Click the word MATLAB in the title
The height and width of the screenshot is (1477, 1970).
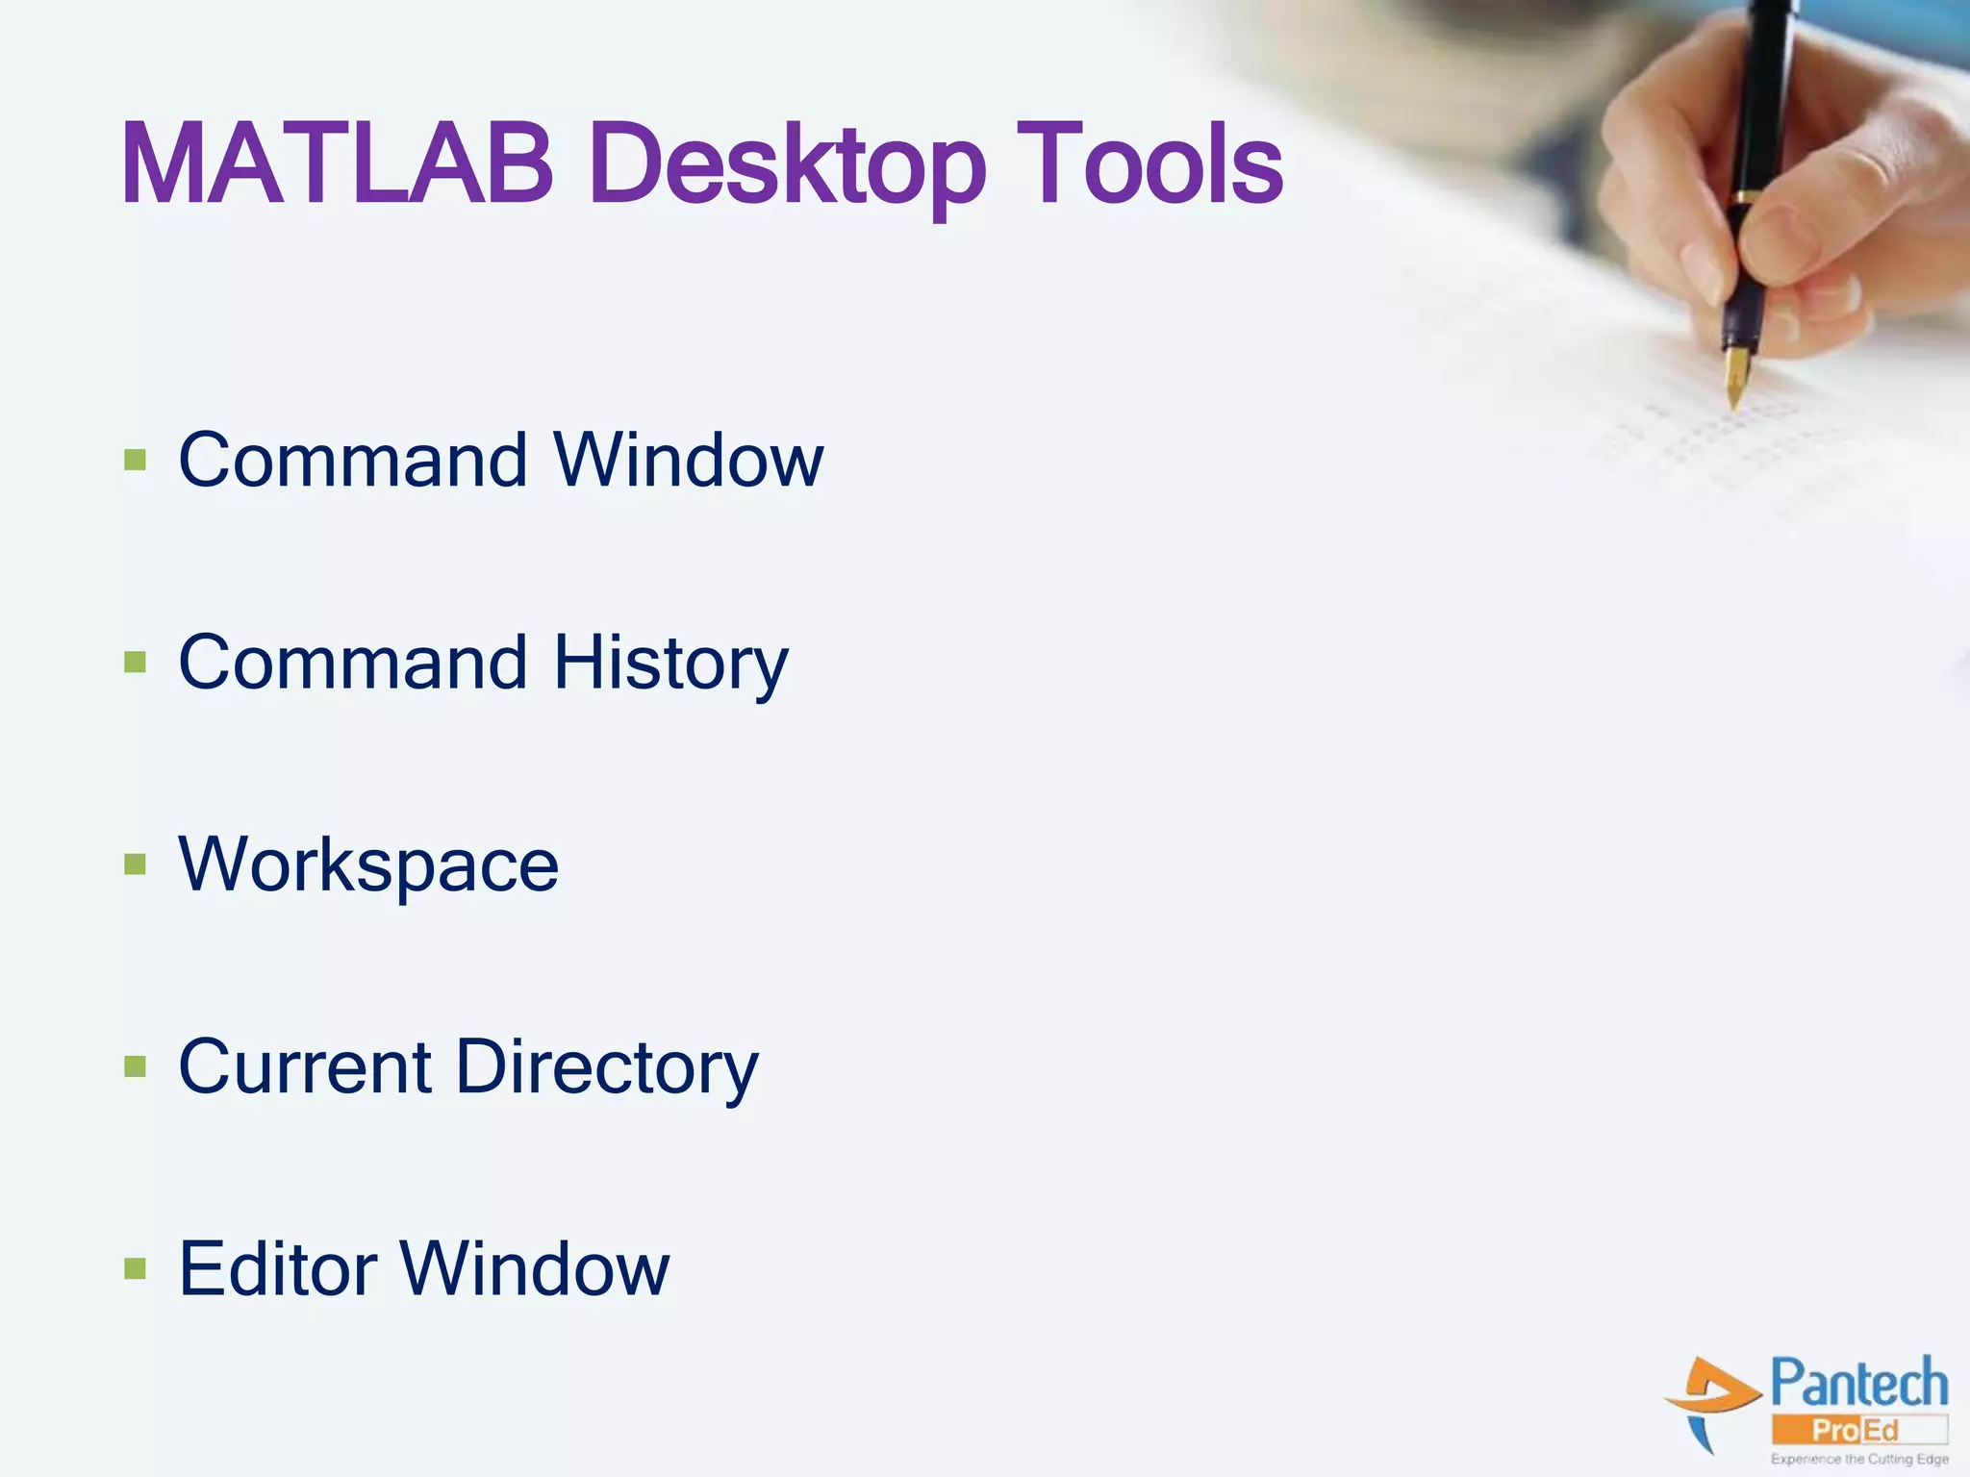[x=337, y=164]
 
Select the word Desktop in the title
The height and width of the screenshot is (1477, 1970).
[x=788, y=168]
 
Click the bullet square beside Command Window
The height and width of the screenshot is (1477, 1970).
[x=135, y=460]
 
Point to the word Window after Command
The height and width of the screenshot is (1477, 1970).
[x=689, y=460]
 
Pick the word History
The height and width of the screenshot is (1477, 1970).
[x=670, y=663]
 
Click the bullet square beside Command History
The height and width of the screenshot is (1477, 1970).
[x=135, y=663]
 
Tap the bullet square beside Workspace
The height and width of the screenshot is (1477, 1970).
[x=135, y=864]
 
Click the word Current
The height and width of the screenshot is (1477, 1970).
[x=305, y=1066]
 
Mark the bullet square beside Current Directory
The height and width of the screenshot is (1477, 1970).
[x=135, y=1066]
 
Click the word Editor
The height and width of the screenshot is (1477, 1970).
[x=278, y=1269]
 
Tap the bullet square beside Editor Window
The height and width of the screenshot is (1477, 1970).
[x=135, y=1269]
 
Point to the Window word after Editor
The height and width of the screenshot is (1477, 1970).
[x=535, y=1269]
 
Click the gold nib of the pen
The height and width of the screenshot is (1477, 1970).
[x=1736, y=376]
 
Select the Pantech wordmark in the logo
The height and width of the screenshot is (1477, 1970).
[x=1858, y=1384]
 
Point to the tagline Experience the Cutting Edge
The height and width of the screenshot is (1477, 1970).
[x=1859, y=1459]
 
